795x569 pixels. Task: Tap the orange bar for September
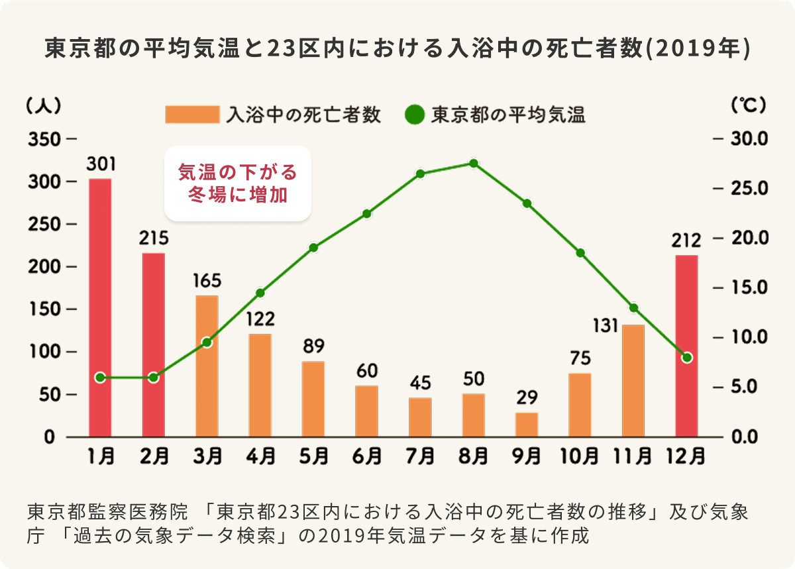tap(527, 425)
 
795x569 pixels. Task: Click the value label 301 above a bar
tap(100, 163)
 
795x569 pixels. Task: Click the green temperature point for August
tap(473, 164)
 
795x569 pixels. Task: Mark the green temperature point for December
tap(687, 358)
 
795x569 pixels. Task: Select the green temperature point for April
tap(260, 293)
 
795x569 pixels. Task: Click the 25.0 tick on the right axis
tap(749, 189)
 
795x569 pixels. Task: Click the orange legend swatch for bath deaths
tap(191, 115)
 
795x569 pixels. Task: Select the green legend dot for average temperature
tap(413, 115)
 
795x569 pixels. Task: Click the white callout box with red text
tap(237, 183)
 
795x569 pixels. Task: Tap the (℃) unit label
tap(748, 104)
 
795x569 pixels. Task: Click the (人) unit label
tap(44, 104)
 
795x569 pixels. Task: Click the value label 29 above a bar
tap(527, 397)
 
